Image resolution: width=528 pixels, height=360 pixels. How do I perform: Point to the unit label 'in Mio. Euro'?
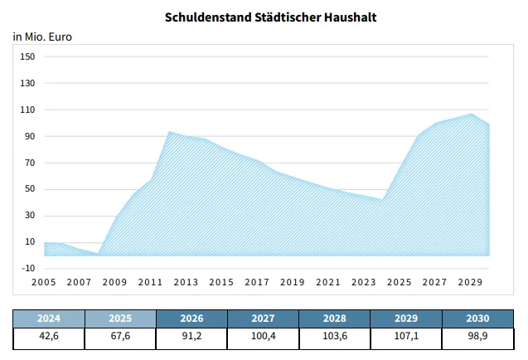pyautogui.click(x=42, y=36)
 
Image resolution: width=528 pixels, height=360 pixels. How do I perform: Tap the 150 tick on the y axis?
pyautogui.click(x=27, y=56)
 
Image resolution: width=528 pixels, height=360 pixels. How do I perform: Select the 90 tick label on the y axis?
pyautogui.click(x=29, y=136)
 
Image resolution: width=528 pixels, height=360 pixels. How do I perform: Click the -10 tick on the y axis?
pyautogui.click(x=27, y=268)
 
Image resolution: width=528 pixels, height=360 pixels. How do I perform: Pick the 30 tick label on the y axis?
pyautogui.click(x=29, y=216)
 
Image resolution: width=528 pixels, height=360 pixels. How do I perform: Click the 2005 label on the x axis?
pyautogui.click(x=44, y=283)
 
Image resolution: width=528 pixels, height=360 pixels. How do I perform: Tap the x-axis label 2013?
pyautogui.click(x=186, y=283)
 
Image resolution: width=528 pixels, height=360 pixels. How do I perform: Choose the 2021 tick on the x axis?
pyautogui.click(x=328, y=283)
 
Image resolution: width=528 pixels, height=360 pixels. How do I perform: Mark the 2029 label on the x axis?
pyautogui.click(x=471, y=283)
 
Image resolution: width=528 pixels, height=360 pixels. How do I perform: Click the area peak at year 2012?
pyautogui.click(x=169, y=131)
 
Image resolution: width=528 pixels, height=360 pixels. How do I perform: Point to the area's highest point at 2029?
pyautogui.click(x=472, y=114)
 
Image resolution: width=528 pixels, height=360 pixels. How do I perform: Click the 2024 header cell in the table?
pyautogui.click(x=49, y=318)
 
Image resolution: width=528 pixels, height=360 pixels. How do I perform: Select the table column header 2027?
pyautogui.click(x=264, y=318)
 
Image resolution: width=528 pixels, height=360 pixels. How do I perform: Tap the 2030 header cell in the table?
pyautogui.click(x=477, y=318)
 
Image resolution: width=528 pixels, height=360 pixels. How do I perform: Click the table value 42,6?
pyautogui.click(x=49, y=338)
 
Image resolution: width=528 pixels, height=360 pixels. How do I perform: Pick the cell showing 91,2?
pyautogui.click(x=191, y=338)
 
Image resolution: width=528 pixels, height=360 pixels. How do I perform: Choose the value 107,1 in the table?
pyautogui.click(x=406, y=338)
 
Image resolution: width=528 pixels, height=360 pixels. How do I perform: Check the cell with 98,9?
pyautogui.click(x=477, y=338)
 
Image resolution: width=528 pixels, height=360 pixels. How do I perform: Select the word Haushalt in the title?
pyautogui.click(x=336, y=17)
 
